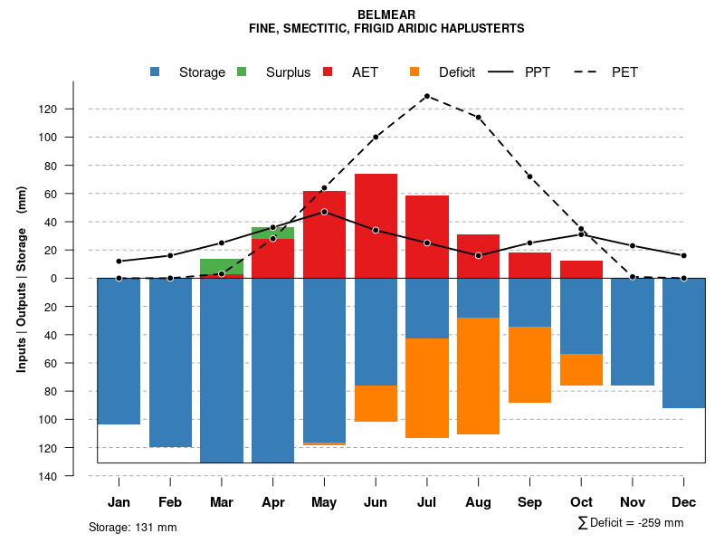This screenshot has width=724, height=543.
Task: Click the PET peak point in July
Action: pyautogui.click(x=426, y=96)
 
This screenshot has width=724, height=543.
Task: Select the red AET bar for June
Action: pyautogui.click(x=376, y=225)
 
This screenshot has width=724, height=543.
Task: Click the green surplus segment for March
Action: pyautogui.click(x=222, y=266)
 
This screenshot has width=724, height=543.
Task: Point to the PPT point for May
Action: pyautogui.click(x=324, y=212)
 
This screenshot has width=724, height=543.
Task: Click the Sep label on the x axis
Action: pyautogui.click(x=529, y=502)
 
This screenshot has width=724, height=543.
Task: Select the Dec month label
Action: pyautogui.click(x=684, y=502)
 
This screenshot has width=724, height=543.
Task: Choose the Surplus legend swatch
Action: pyautogui.click(x=242, y=72)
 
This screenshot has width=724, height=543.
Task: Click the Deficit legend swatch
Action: pyautogui.click(x=414, y=72)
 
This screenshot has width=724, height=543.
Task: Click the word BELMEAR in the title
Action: pyautogui.click(x=386, y=15)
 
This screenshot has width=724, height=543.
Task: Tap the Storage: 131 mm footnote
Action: pyautogui.click(x=132, y=527)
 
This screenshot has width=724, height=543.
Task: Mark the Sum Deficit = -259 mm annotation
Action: pyautogui.click(x=630, y=523)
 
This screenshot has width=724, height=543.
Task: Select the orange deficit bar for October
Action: pyautogui.click(x=581, y=369)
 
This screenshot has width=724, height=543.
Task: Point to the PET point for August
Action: pyautogui.click(x=478, y=118)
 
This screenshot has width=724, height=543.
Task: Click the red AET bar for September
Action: pyautogui.click(x=529, y=265)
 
